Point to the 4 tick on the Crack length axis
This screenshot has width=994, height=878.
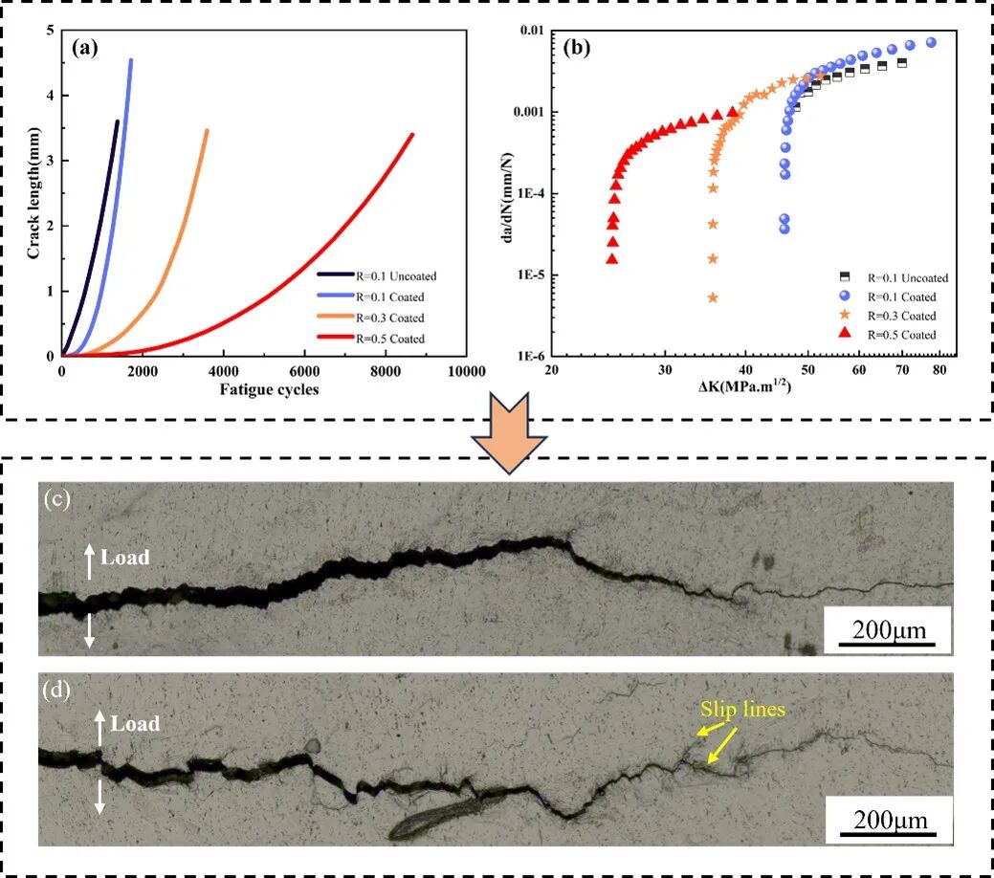[x=50, y=96]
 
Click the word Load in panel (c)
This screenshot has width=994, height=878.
[x=125, y=558]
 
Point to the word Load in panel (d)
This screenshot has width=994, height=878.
[x=135, y=724]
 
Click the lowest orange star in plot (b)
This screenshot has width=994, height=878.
[x=713, y=298]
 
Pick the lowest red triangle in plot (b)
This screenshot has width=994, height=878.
[x=612, y=259]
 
